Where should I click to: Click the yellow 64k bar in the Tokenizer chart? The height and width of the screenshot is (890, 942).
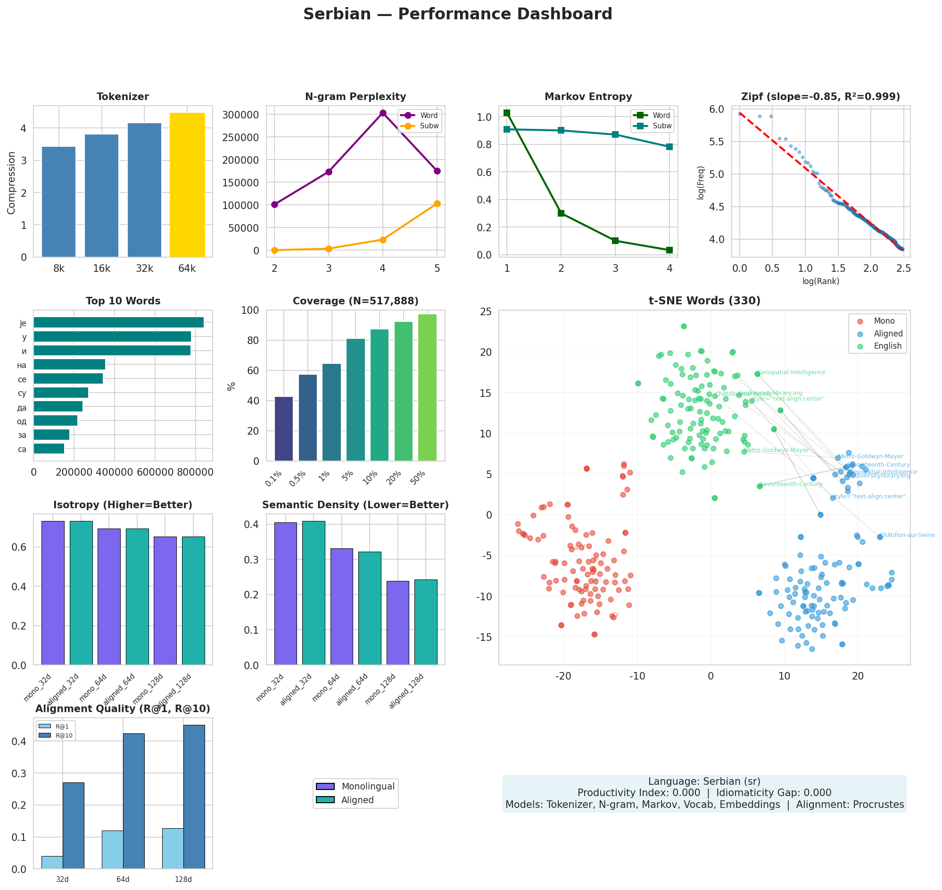[187, 185]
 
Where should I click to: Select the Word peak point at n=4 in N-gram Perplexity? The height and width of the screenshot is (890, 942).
[382, 113]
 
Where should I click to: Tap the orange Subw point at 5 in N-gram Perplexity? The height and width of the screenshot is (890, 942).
[437, 203]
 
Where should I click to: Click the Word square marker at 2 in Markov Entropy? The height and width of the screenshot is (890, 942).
[561, 213]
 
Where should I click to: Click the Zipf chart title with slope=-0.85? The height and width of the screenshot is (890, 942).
[820, 97]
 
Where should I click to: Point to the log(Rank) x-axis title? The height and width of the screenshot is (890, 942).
[820, 281]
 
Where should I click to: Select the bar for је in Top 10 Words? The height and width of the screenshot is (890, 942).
[118, 323]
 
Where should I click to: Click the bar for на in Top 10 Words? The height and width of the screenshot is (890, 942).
[69, 364]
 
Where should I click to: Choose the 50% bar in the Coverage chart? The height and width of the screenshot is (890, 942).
[427, 387]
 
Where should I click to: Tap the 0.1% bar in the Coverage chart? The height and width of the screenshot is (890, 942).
[283, 428]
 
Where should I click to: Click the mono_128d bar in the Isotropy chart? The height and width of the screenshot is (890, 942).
[165, 600]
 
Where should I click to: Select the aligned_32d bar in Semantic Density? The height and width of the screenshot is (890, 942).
[314, 593]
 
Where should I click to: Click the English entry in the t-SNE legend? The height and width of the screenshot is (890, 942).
[887, 346]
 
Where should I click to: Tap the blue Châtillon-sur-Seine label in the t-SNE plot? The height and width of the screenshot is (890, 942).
[907, 535]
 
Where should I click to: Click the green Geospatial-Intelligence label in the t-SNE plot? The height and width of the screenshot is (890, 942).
[791, 372]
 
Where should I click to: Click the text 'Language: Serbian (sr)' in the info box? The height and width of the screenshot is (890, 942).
[704, 781]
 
